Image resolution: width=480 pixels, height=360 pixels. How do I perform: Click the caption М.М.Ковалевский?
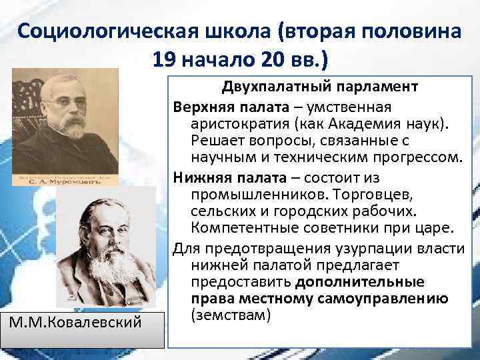pyautogui.click(x=76, y=323)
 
